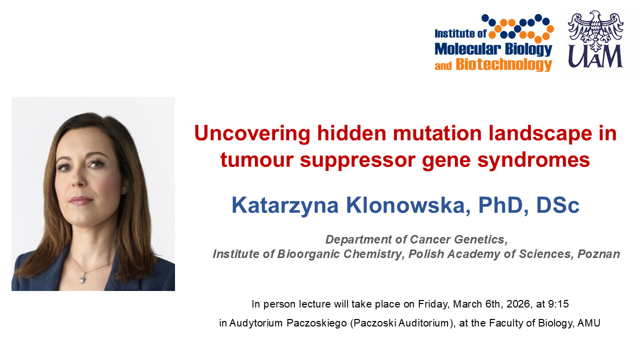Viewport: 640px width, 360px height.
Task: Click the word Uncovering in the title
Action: click(252, 133)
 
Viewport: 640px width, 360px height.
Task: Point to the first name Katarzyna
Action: click(285, 205)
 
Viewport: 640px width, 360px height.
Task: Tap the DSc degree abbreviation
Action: click(557, 205)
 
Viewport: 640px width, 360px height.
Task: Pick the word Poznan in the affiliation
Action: click(598, 254)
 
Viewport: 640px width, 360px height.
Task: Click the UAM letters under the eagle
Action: click(595, 56)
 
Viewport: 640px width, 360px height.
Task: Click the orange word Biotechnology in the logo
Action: click(503, 64)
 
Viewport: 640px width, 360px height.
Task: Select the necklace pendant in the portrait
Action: click(83, 277)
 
